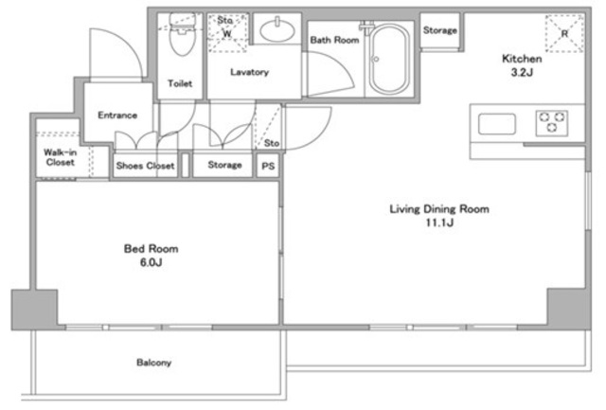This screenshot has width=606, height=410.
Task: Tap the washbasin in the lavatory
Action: click(x=277, y=30)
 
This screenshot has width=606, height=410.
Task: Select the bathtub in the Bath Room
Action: click(x=389, y=60)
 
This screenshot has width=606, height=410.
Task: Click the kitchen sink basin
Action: click(x=496, y=124)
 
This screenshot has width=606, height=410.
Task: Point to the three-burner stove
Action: click(x=552, y=123)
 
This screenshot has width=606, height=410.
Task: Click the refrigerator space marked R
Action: click(x=564, y=34)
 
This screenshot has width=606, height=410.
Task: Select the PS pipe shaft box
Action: click(x=268, y=166)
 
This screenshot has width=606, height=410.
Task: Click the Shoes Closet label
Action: click(x=145, y=166)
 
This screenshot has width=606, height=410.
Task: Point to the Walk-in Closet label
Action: click(x=61, y=157)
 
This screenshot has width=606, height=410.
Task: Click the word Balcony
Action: click(x=153, y=363)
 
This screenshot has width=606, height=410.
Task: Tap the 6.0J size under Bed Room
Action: click(x=151, y=263)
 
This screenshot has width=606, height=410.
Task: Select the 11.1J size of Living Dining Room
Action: click(x=439, y=223)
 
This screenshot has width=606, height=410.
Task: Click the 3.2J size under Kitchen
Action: click(x=522, y=72)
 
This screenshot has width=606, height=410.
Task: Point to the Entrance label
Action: click(x=117, y=116)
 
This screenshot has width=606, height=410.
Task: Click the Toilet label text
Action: click(x=180, y=83)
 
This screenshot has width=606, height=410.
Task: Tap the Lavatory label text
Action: click(x=250, y=72)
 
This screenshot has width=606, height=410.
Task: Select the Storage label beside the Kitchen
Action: click(x=439, y=30)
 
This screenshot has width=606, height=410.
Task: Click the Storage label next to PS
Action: click(x=225, y=165)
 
